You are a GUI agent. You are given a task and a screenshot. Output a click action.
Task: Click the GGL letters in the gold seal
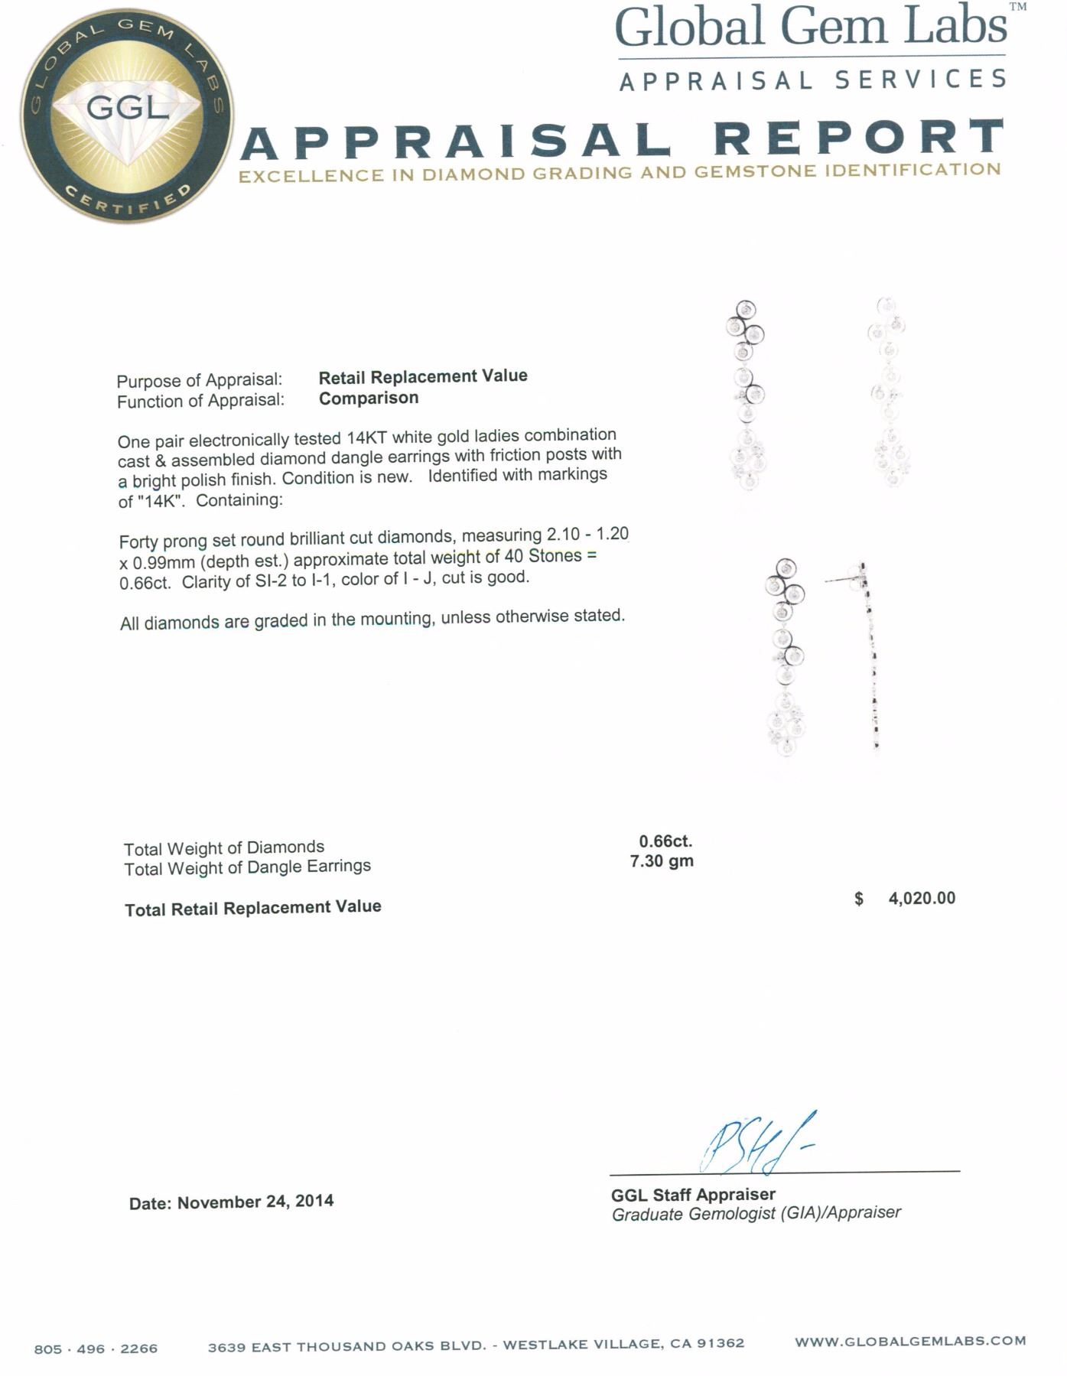pyautogui.click(x=127, y=107)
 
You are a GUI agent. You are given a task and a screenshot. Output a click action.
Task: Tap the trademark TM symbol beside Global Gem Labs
pyautogui.click(x=1017, y=8)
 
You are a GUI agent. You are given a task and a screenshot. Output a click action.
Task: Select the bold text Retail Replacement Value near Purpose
pyautogui.click(x=423, y=376)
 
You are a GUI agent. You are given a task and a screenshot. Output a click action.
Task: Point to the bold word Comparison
pyautogui.click(x=369, y=398)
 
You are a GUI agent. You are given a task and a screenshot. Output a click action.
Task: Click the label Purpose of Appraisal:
pyautogui.click(x=200, y=380)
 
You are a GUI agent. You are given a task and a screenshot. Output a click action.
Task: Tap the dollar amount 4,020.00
pyautogui.click(x=922, y=898)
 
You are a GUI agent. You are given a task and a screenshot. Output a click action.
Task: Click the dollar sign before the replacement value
pyautogui.click(x=859, y=899)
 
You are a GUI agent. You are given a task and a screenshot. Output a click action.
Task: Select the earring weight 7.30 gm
pyautogui.click(x=662, y=861)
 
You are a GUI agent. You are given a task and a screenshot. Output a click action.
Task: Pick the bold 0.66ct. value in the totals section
pyautogui.click(x=665, y=841)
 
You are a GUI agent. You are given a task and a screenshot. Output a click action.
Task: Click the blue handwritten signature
pyautogui.click(x=753, y=1144)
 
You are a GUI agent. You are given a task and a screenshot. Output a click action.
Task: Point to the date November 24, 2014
pyautogui.click(x=255, y=1202)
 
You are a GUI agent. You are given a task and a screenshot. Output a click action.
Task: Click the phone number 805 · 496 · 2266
pyautogui.click(x=96, y=1348)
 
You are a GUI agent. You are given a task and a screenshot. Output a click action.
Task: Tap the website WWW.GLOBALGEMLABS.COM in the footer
pyautogui.click(x=910, y=1341)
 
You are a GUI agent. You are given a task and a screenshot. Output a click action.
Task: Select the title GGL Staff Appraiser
pyautogui.click(x=693, y=1194)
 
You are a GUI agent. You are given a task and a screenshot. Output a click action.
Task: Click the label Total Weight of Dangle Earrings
pyautogui.click(x=247, y=867)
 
